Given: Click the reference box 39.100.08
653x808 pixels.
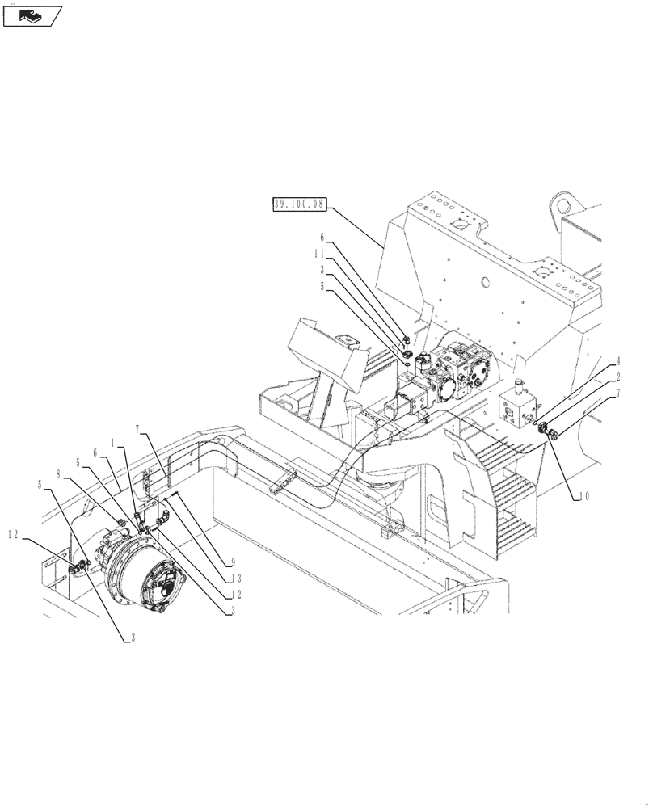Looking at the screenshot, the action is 298,204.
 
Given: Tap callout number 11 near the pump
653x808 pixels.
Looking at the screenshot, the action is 321,253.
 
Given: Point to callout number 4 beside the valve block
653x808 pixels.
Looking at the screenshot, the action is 618,361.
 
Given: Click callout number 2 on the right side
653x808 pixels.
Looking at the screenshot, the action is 618,376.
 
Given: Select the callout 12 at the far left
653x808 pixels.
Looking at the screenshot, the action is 14,532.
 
